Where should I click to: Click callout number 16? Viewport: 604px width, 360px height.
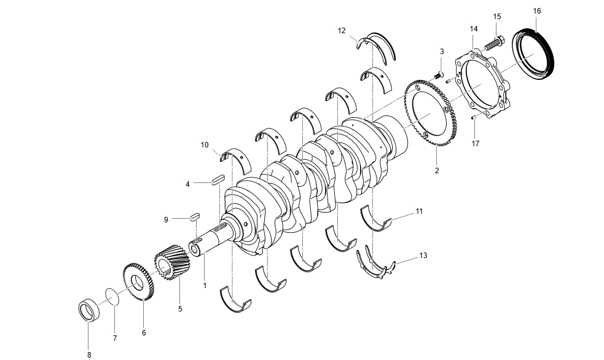pyautogui.click(x=537, y=11)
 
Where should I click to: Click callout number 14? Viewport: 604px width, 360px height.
pyautogui.click(x=473, y=29)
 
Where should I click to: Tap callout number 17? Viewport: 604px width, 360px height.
pyautogui.click(x=475, y=144)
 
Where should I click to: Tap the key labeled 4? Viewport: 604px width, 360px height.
pyautogui.click(x=216, y=180)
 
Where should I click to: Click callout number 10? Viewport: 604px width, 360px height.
pyautogui.click(x=205, y=145)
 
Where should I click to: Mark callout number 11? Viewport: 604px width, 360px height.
pyautogui.click(x=418, y=211)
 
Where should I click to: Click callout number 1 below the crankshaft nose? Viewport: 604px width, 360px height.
pyautogui.click(x=205, y=286)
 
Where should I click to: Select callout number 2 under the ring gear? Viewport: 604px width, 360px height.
pyautogui.click(x=436, y=171)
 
